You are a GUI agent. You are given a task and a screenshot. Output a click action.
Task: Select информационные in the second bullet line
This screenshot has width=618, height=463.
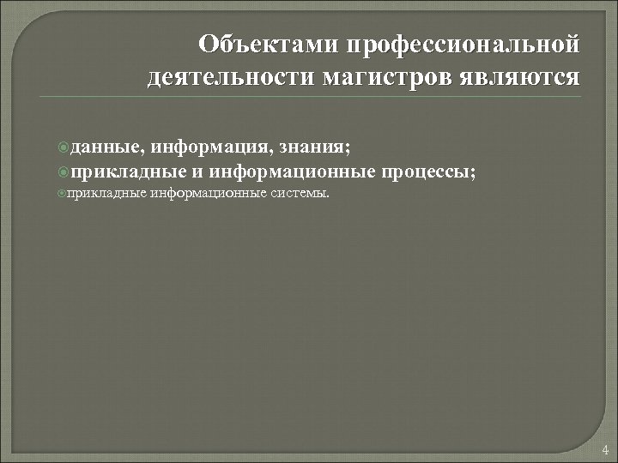(x=292, y=171)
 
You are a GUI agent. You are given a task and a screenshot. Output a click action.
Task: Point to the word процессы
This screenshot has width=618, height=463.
(x=429, y=171)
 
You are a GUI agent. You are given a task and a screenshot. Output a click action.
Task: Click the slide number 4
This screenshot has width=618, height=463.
(x=605, y=449)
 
